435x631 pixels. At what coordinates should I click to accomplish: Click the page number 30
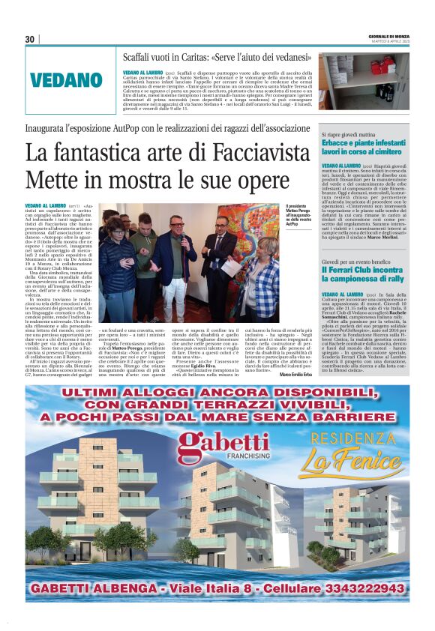point(30,39)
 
